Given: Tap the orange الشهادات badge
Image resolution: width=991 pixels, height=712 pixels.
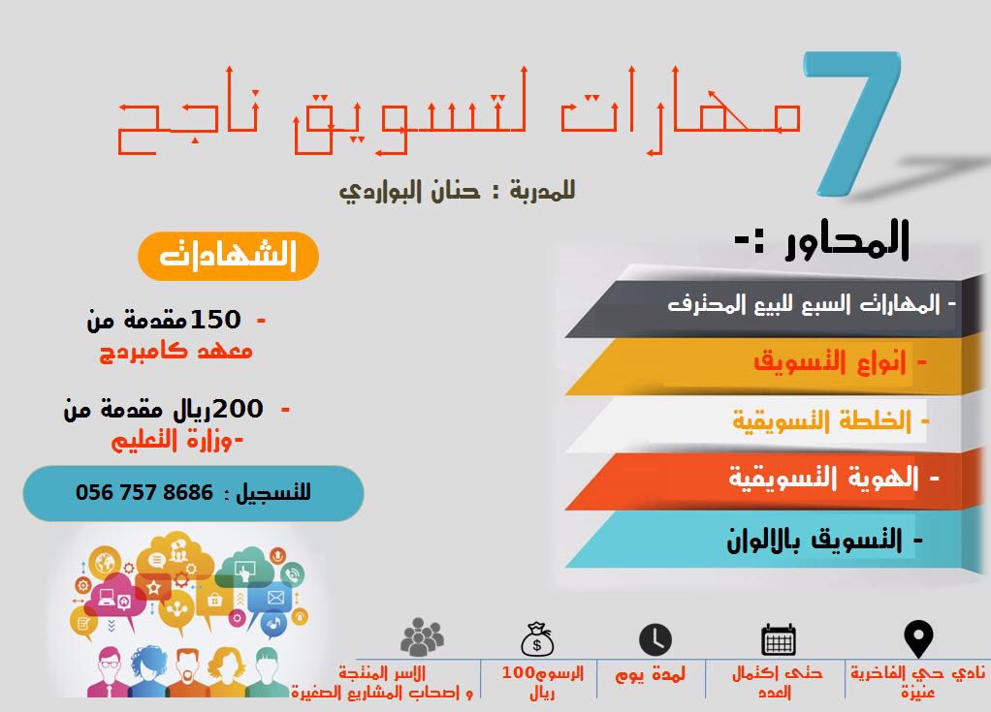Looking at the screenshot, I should click(229, 256).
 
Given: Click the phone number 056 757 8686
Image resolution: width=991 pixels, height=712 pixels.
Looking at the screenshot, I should click(144, 492).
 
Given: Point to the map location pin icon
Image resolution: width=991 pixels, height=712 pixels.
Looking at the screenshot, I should click(917, 640).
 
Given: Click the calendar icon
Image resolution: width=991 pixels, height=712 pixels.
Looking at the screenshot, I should click(779, 640).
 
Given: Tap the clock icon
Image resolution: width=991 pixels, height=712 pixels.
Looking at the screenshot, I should click(655, 640).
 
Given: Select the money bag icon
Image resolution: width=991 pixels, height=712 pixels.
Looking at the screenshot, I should click(536, 639).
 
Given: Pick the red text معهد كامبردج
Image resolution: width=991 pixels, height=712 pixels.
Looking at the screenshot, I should click(176, 350).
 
